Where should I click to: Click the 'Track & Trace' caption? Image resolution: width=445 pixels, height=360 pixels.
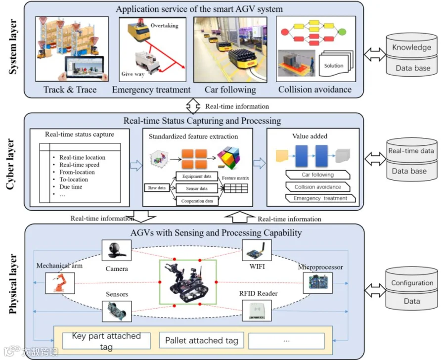70,90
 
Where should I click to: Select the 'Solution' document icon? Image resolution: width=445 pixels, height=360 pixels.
334,65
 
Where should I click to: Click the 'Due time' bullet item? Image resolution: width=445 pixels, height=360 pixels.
71,187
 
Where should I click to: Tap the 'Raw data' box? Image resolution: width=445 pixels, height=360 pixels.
157,188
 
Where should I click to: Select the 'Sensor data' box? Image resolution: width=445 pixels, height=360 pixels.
196,188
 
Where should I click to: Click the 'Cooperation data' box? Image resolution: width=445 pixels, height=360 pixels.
197,201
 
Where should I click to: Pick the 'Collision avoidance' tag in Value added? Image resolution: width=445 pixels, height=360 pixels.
317,187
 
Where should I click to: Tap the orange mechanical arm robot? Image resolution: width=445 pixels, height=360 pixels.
57,285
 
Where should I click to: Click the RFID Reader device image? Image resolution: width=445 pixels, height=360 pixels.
257,310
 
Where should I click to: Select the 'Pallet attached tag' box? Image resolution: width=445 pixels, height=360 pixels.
202,340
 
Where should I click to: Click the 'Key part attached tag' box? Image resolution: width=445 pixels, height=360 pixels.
106,341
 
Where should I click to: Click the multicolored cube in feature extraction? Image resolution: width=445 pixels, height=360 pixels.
231,159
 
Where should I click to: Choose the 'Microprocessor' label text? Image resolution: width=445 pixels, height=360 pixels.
320,267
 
